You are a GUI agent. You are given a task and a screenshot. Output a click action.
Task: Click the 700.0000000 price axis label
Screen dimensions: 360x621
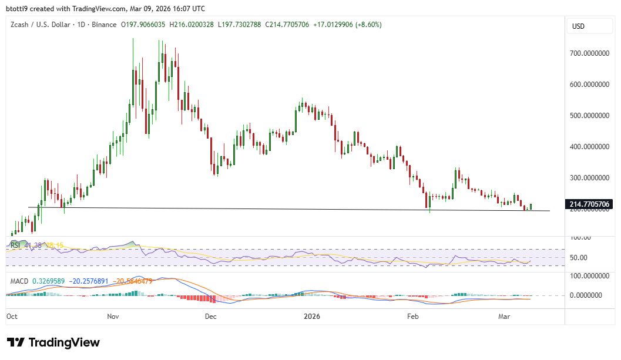(x=590, y=53)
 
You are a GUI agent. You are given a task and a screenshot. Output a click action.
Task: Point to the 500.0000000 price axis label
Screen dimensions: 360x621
(x=590, y=116)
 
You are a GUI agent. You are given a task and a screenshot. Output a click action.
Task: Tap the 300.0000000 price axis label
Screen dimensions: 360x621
(x=590, y=177)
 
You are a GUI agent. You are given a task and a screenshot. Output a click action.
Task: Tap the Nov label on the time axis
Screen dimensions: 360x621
(x=113, y=316)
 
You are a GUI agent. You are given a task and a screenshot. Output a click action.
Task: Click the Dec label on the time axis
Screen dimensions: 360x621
(x=211, y=316)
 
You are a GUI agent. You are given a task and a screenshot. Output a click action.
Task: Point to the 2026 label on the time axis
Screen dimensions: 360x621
(x=312, y=316)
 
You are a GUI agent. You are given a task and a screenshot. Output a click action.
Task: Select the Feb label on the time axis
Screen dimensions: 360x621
(x=413, y=316)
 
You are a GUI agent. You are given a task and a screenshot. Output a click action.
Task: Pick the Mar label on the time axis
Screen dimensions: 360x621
(x=504, y=316)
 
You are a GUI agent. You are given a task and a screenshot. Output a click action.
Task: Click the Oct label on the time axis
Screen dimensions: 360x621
(x=12, y=316)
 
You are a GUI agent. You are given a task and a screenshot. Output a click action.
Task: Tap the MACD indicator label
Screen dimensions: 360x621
(x=19, y=281)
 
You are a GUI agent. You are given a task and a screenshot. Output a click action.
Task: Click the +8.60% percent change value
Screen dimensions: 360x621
(x=367, y=25)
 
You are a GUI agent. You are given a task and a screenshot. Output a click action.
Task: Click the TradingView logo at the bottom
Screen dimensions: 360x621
(x=53, y=342)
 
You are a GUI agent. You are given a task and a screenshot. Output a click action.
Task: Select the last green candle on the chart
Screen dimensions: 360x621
(x=531, y=206)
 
